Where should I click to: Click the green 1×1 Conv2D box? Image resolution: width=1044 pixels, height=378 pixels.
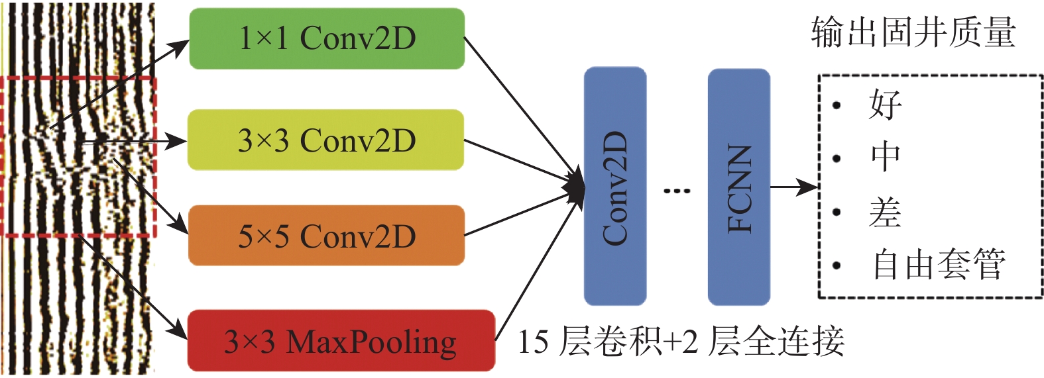327,38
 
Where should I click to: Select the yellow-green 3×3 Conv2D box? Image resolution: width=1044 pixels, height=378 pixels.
325,140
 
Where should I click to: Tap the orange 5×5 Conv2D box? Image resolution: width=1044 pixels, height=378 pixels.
326,236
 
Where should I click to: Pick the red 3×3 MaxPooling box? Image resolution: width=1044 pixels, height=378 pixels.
341,341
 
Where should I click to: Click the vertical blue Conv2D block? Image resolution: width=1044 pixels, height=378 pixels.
614,186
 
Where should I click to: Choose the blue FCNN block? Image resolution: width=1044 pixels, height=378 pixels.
738,187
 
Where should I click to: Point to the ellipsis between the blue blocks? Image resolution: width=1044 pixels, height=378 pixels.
676,191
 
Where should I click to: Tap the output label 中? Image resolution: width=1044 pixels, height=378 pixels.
886,158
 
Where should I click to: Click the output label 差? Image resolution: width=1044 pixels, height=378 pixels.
886,212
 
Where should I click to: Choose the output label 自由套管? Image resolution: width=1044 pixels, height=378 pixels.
939,265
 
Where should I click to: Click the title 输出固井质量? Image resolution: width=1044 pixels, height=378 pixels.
913,32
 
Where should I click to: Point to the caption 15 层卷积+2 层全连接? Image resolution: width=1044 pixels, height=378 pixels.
680,342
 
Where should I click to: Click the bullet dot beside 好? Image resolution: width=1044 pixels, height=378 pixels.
837,105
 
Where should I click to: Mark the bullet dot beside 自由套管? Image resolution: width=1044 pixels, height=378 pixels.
837,265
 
